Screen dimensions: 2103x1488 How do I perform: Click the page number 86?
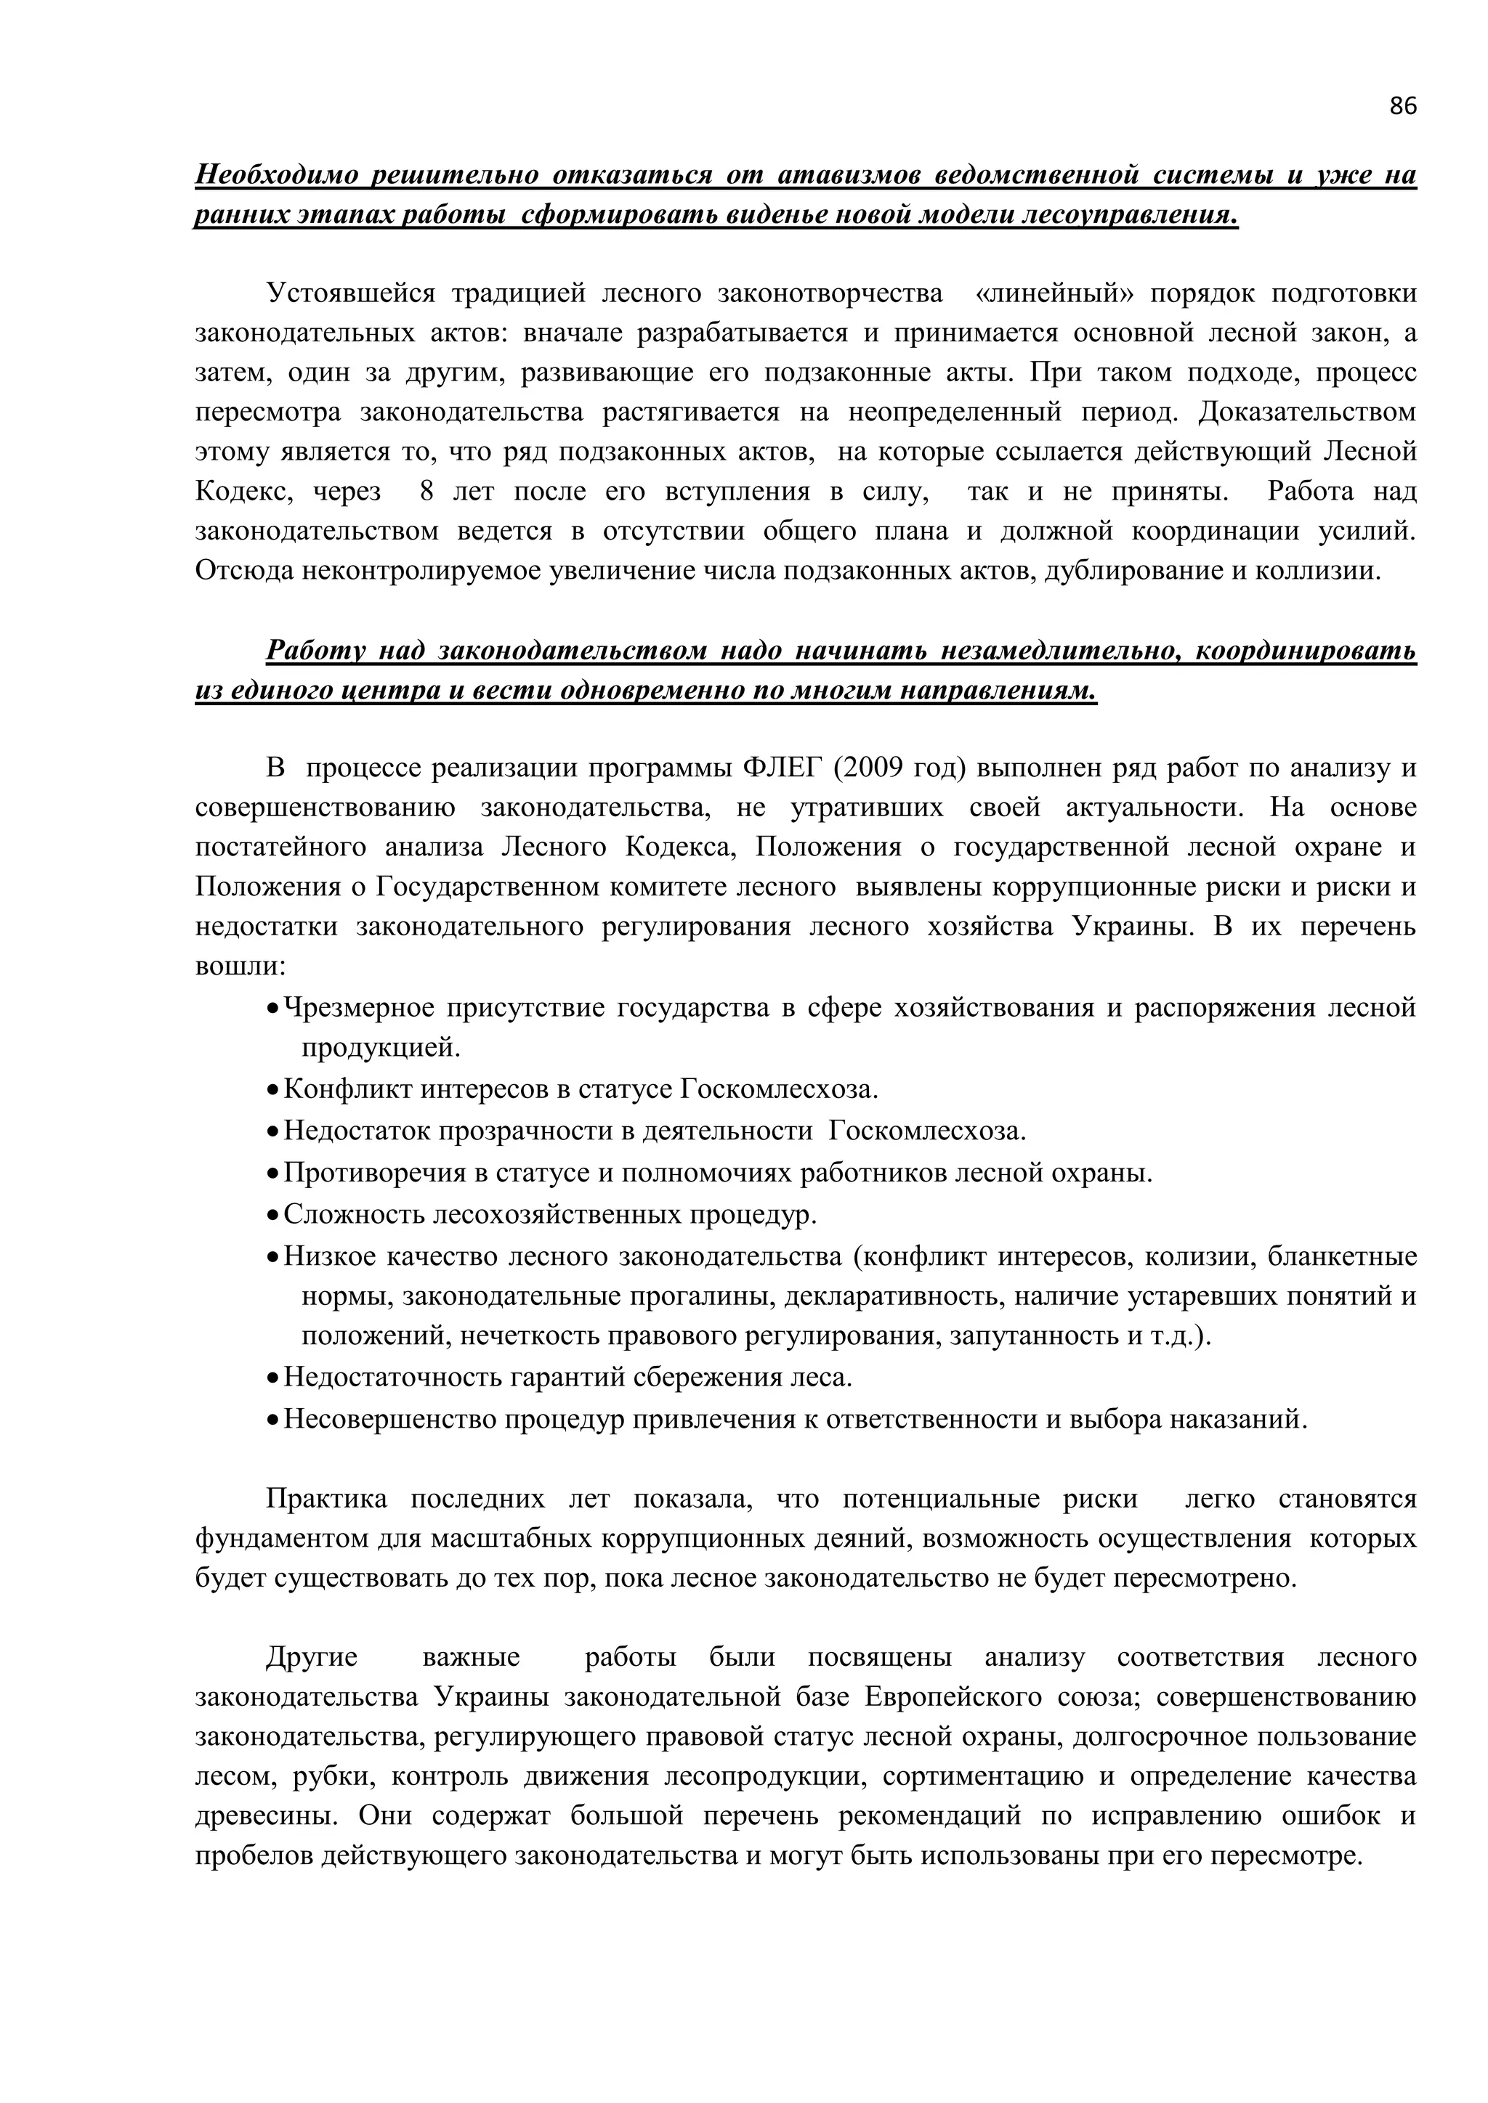click(x=1402, y=106)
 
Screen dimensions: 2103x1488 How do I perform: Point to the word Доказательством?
click(x=1306, y=412)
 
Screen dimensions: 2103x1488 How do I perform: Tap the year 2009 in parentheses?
click(x=870, y=768)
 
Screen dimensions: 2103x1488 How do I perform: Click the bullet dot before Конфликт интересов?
click(x=272, y=1091)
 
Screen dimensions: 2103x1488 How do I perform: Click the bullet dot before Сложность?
click(x=272, y=1216)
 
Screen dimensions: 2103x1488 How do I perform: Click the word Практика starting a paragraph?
click(x=326, y=1500)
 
